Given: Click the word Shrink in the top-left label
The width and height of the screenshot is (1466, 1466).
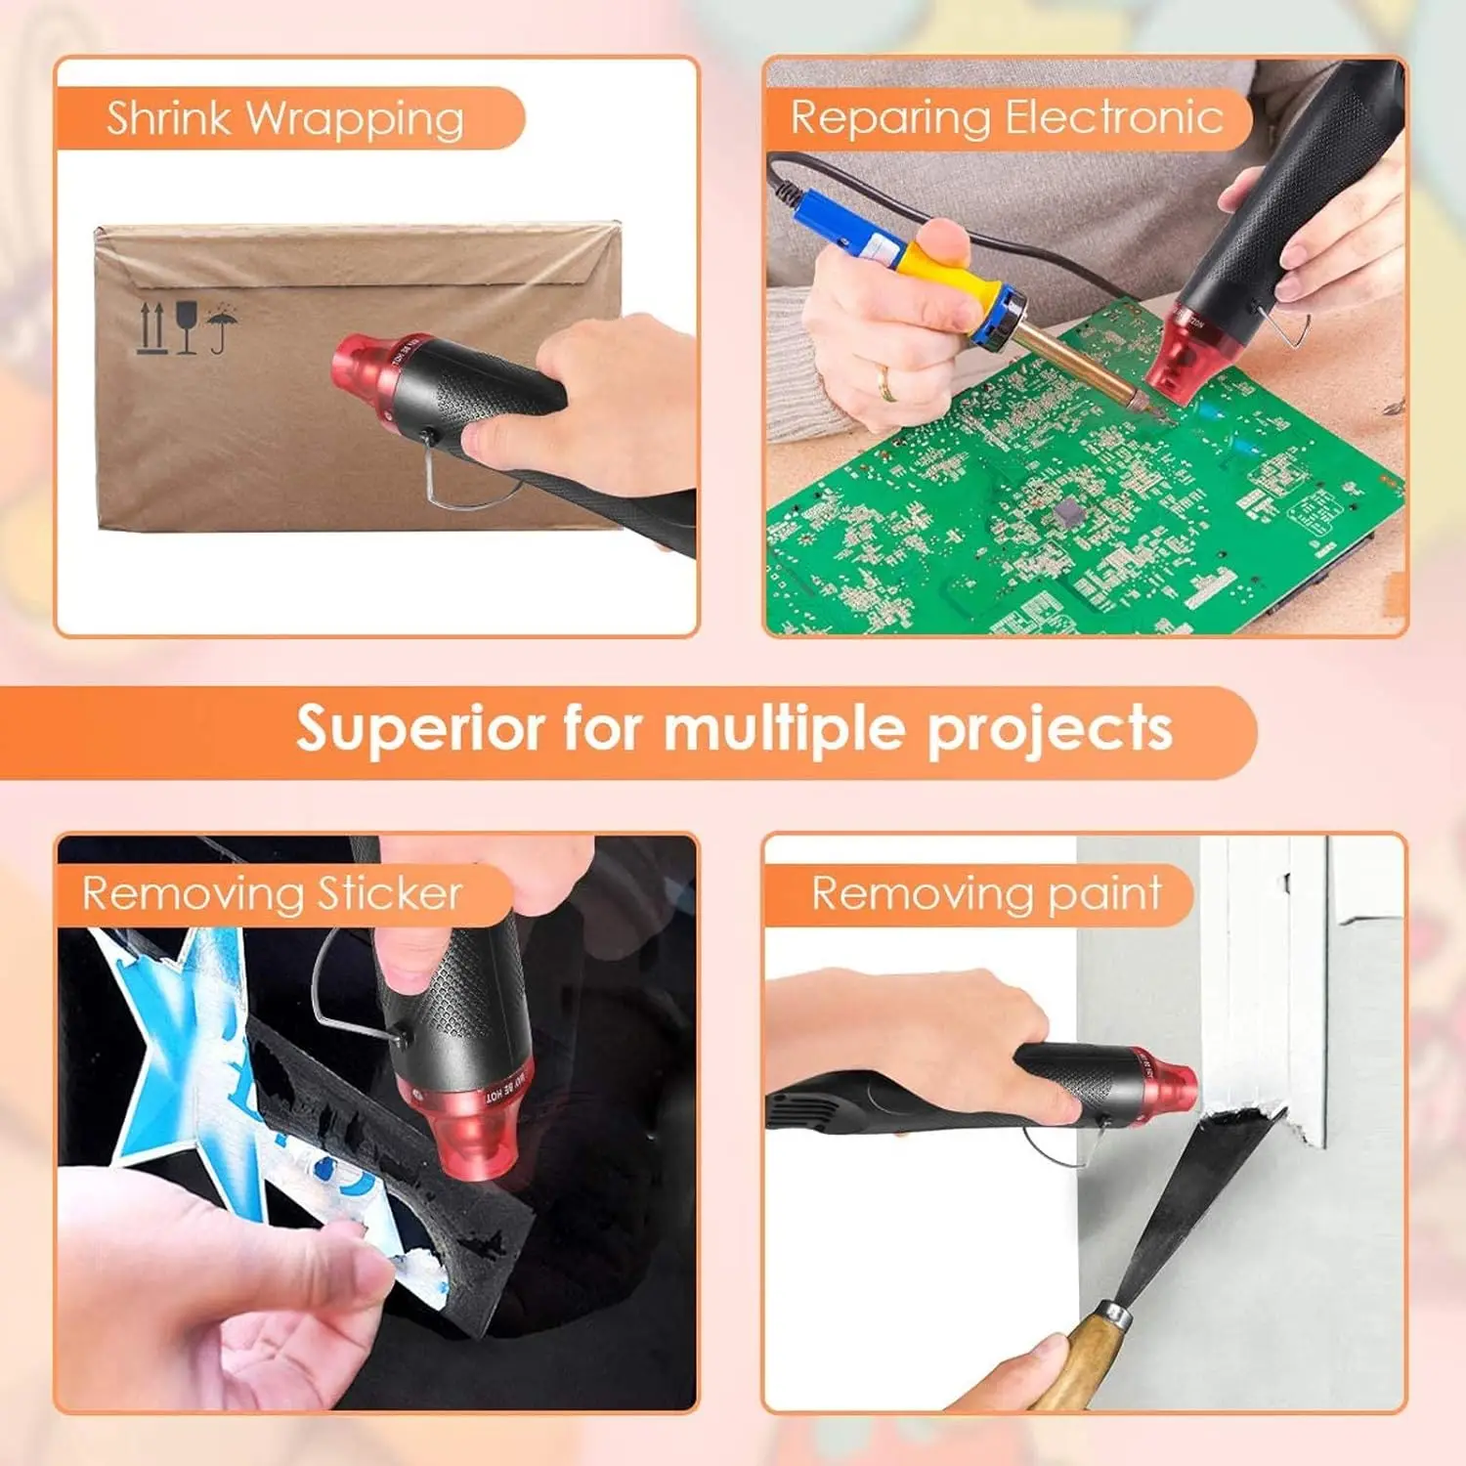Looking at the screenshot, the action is [169, 118].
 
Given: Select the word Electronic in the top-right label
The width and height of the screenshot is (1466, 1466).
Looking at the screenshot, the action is [1114, 117].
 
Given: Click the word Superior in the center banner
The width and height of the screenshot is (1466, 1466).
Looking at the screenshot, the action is [422, 730].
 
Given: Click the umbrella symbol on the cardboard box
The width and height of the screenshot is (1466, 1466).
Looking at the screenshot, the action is [222, 327].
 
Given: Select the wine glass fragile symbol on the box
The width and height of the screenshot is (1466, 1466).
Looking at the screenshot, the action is [187, 327].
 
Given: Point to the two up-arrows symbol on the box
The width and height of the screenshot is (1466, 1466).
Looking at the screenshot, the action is [152, 327].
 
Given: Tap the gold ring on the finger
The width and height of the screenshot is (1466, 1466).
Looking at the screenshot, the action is [887, 383].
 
